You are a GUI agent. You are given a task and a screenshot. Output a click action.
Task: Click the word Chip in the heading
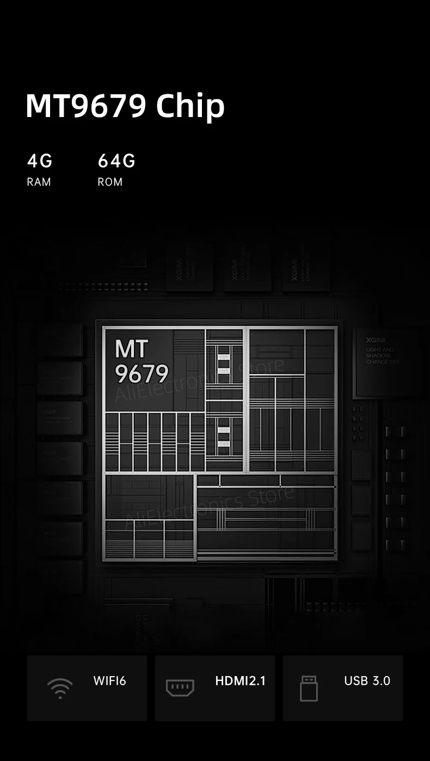point(190,106)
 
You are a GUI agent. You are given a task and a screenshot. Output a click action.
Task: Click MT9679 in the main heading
point(86,106)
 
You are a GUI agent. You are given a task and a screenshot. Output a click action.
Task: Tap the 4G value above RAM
point(40,161)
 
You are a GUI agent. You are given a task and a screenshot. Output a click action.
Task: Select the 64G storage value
point(116,161)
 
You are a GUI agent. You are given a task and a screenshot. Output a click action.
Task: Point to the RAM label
point(39,182)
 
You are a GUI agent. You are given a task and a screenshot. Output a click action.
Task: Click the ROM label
point(110,182)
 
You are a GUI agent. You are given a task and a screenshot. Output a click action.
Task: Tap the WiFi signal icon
point(59,688)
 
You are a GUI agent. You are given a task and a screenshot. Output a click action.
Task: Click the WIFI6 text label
point(109,681)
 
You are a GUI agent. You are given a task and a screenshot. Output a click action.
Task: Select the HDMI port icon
point(180,688)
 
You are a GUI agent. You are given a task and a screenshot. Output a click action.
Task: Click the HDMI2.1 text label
point(240,681)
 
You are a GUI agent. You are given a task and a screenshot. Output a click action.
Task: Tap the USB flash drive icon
point(309,688)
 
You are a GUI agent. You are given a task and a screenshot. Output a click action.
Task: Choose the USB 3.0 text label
point(367,681)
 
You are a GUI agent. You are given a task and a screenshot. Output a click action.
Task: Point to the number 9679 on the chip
point(142,374)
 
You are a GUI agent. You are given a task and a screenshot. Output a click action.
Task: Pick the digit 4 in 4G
point(33,161)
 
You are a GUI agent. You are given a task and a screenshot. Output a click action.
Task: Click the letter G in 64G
point(128,161)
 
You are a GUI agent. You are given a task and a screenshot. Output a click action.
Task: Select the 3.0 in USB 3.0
point(381,681)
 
